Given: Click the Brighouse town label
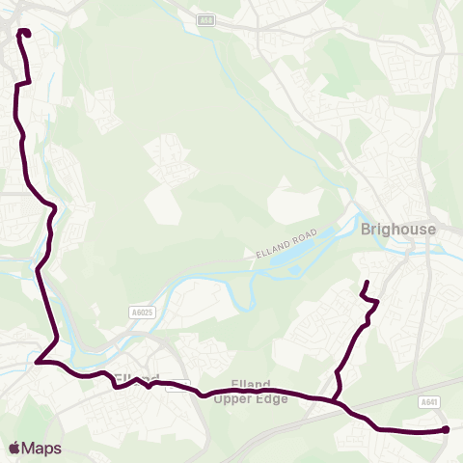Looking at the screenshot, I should pos(397,230).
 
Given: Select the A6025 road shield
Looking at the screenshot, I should pos(141,313).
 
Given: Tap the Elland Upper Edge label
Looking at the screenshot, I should pos(252,393).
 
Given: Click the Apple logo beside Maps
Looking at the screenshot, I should pos(14,448).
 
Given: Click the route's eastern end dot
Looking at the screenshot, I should pos(446,430).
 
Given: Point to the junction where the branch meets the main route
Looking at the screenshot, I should pos(331,399).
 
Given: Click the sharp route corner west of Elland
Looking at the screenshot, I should pos(37,363).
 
